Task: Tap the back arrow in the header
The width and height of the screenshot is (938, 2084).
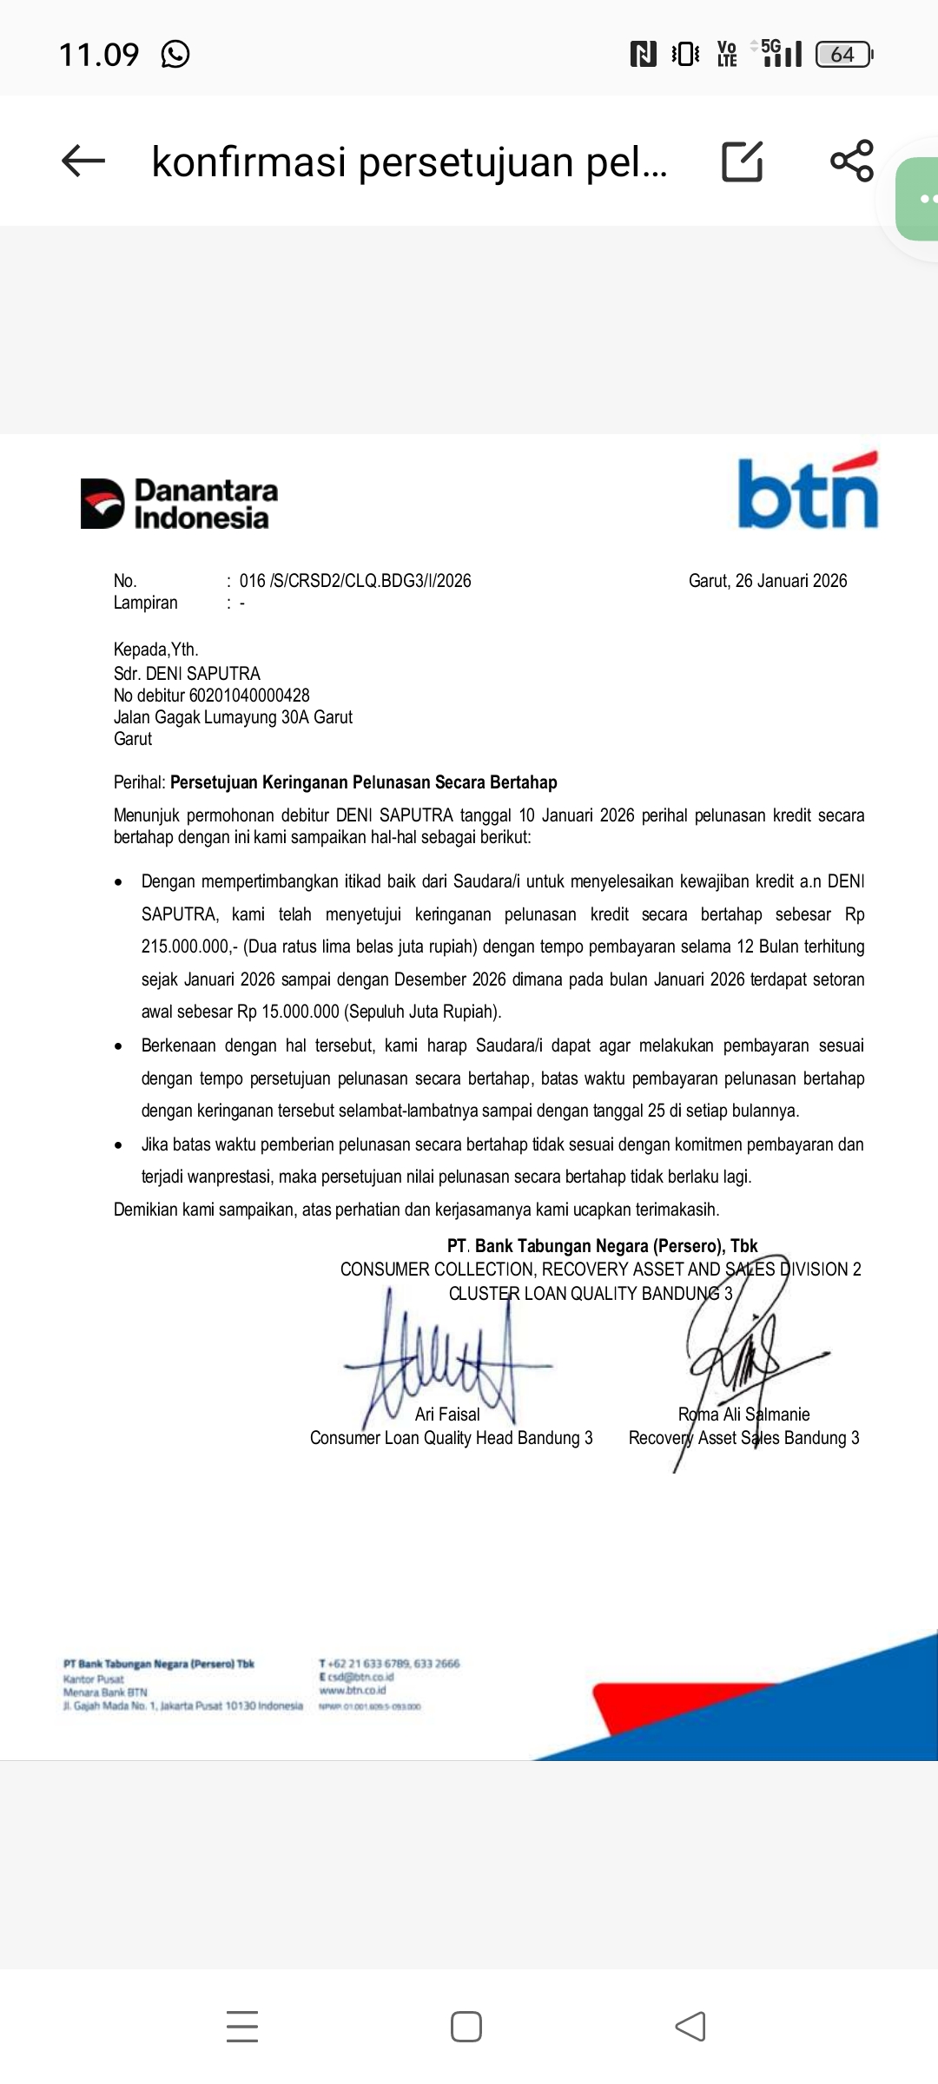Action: point(83,161)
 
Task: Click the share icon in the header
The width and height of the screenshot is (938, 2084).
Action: point(851,161)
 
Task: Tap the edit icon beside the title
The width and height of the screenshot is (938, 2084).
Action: point(743,161)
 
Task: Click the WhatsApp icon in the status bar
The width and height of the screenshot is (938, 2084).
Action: point(175,55)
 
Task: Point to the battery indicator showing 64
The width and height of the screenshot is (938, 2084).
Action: point(843,55)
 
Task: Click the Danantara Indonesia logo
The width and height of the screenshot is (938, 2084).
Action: point(180,504)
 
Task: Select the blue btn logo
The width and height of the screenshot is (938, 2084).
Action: point(808,492)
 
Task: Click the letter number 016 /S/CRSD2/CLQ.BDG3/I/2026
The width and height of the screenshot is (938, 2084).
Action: point(355,581)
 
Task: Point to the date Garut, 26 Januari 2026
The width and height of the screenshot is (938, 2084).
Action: point(768,581)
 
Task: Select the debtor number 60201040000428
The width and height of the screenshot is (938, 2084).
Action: point(249,696)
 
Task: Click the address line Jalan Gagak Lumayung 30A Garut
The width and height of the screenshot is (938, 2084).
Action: point(233,717)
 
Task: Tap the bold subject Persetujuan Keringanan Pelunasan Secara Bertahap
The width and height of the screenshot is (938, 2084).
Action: point(363,782)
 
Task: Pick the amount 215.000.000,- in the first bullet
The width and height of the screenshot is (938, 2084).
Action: point(189,946)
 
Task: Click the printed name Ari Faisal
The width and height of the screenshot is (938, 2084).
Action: point(447,1415)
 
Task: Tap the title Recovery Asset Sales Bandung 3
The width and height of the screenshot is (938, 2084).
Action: point(743,1438)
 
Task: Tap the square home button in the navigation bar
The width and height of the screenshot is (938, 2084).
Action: point(466,2027)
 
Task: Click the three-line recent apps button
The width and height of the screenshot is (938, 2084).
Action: point(242,2027)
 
